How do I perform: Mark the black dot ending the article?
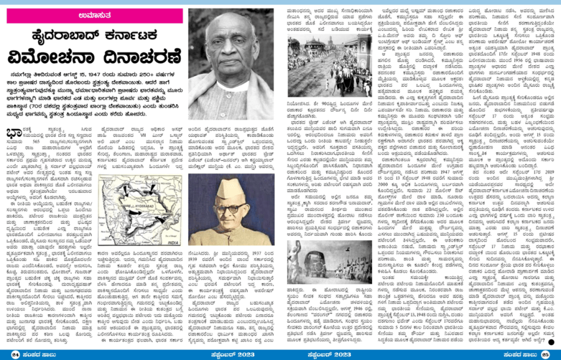[552, 341]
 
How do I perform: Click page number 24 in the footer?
[15, 354]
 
